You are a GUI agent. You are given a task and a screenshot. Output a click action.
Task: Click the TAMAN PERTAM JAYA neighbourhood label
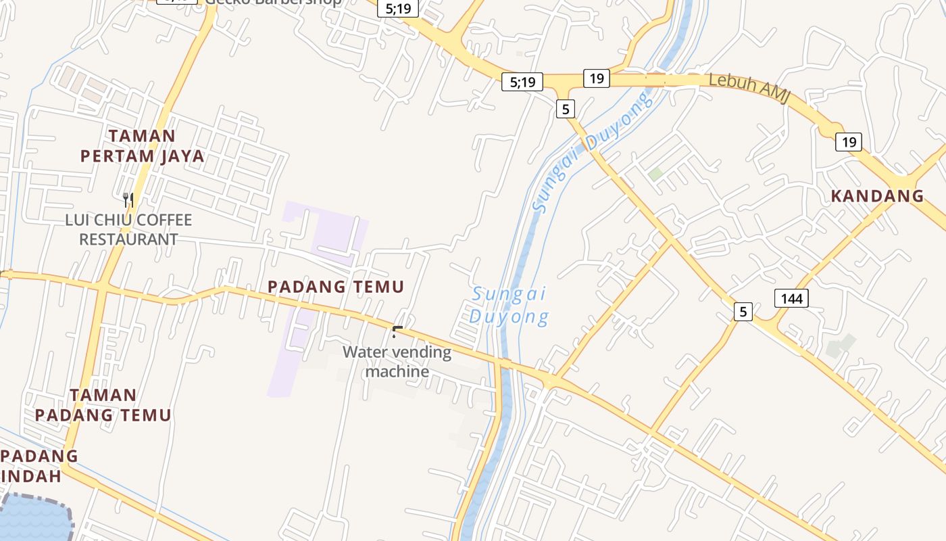(x=142, y=146)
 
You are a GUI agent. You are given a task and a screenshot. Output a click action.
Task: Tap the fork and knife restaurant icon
(x=128, y=199)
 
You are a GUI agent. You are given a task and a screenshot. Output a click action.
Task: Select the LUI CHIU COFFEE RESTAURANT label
(x=128, y=230)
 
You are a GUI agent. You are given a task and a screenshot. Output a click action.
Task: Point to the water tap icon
(x=397, y=331)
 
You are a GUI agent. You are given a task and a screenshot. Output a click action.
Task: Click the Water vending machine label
(x=397, y=362)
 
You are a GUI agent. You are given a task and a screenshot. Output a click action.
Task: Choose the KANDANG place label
(x=876, y=196)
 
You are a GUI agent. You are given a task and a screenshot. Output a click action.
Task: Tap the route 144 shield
(x=791, y=298)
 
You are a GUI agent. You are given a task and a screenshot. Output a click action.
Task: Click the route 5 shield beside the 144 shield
(x=743, y=312)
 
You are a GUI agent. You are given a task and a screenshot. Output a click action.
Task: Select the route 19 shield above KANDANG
(x=848, y=142)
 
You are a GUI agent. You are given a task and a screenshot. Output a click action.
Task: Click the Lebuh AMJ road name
(x=750, y=88)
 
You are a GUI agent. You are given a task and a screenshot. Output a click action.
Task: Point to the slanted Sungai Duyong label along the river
(x=593, y=152)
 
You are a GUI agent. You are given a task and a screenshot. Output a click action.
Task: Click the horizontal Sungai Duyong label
(x=509, y=306)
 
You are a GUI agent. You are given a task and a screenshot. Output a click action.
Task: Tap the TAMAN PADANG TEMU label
(x=103, y=404)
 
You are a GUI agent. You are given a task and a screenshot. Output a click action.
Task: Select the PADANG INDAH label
(x=37, y=465)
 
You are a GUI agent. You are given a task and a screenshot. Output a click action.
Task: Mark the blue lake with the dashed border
(x=34, y=519)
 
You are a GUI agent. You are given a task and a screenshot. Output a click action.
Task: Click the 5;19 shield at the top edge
(x=398, y=9)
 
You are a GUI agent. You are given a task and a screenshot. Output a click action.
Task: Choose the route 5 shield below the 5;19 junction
(x=566, y=108)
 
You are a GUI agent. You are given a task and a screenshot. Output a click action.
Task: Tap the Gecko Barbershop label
(x=274, y=2)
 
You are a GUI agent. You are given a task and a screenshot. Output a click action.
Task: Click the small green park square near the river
(x=655, y=174)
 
